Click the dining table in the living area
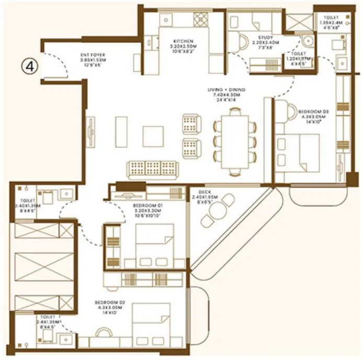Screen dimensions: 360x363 [235, 142]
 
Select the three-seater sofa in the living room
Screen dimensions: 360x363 [153, 169]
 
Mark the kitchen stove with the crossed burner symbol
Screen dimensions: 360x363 [200, 19]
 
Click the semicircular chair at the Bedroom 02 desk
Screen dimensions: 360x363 [104, 333]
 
